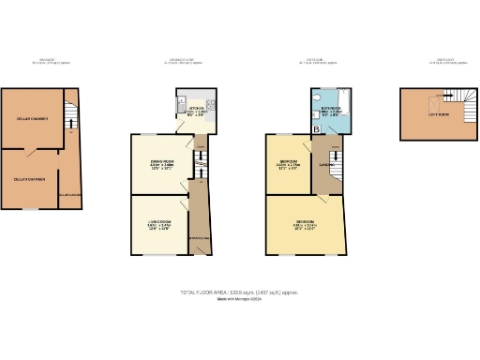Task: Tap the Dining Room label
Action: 164,163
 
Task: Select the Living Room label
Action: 157,222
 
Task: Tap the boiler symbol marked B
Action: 316,127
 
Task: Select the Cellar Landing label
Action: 70,194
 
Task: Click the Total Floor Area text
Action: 239,293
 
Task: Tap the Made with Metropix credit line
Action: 239,300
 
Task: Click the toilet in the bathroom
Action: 317,97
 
